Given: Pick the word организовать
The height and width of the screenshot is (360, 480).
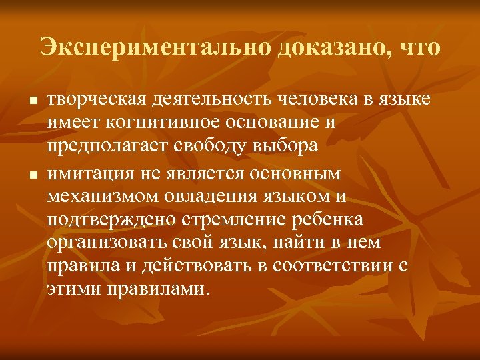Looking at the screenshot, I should (x=107, y=243).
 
